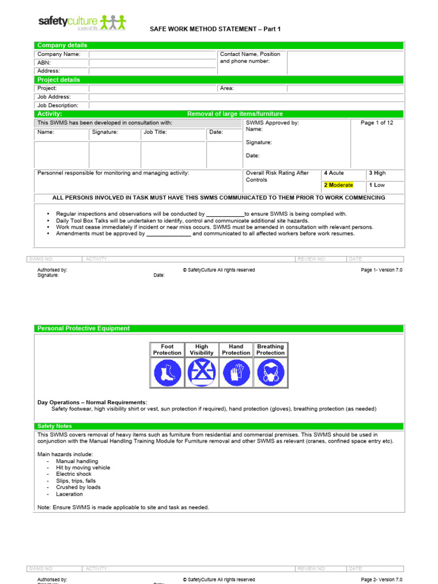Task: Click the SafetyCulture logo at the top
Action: click(82, 23)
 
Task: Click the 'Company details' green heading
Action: click(62, 45)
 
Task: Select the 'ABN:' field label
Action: click(44, 63)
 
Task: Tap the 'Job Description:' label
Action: click(58, 106)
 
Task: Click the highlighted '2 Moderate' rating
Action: click(339, 185)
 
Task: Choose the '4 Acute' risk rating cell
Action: click(334, 173)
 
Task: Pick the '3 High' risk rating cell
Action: click(378, 173)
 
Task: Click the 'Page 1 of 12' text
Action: click(377, 123)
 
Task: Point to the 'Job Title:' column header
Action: click(155, 132)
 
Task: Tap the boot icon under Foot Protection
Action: click(167, 374)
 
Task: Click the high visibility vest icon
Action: click(201, 374)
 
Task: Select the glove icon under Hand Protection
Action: click(236, 374)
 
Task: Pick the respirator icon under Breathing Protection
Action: click(270, 374)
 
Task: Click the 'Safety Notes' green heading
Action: click(55, 426)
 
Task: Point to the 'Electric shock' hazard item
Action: click(74, 474)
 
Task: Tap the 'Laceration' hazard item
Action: click(69, 494)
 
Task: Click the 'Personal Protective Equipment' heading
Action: click(83, 328)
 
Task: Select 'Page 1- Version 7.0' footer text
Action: click(382, 270)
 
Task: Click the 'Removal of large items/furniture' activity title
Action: click(235, 114)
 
